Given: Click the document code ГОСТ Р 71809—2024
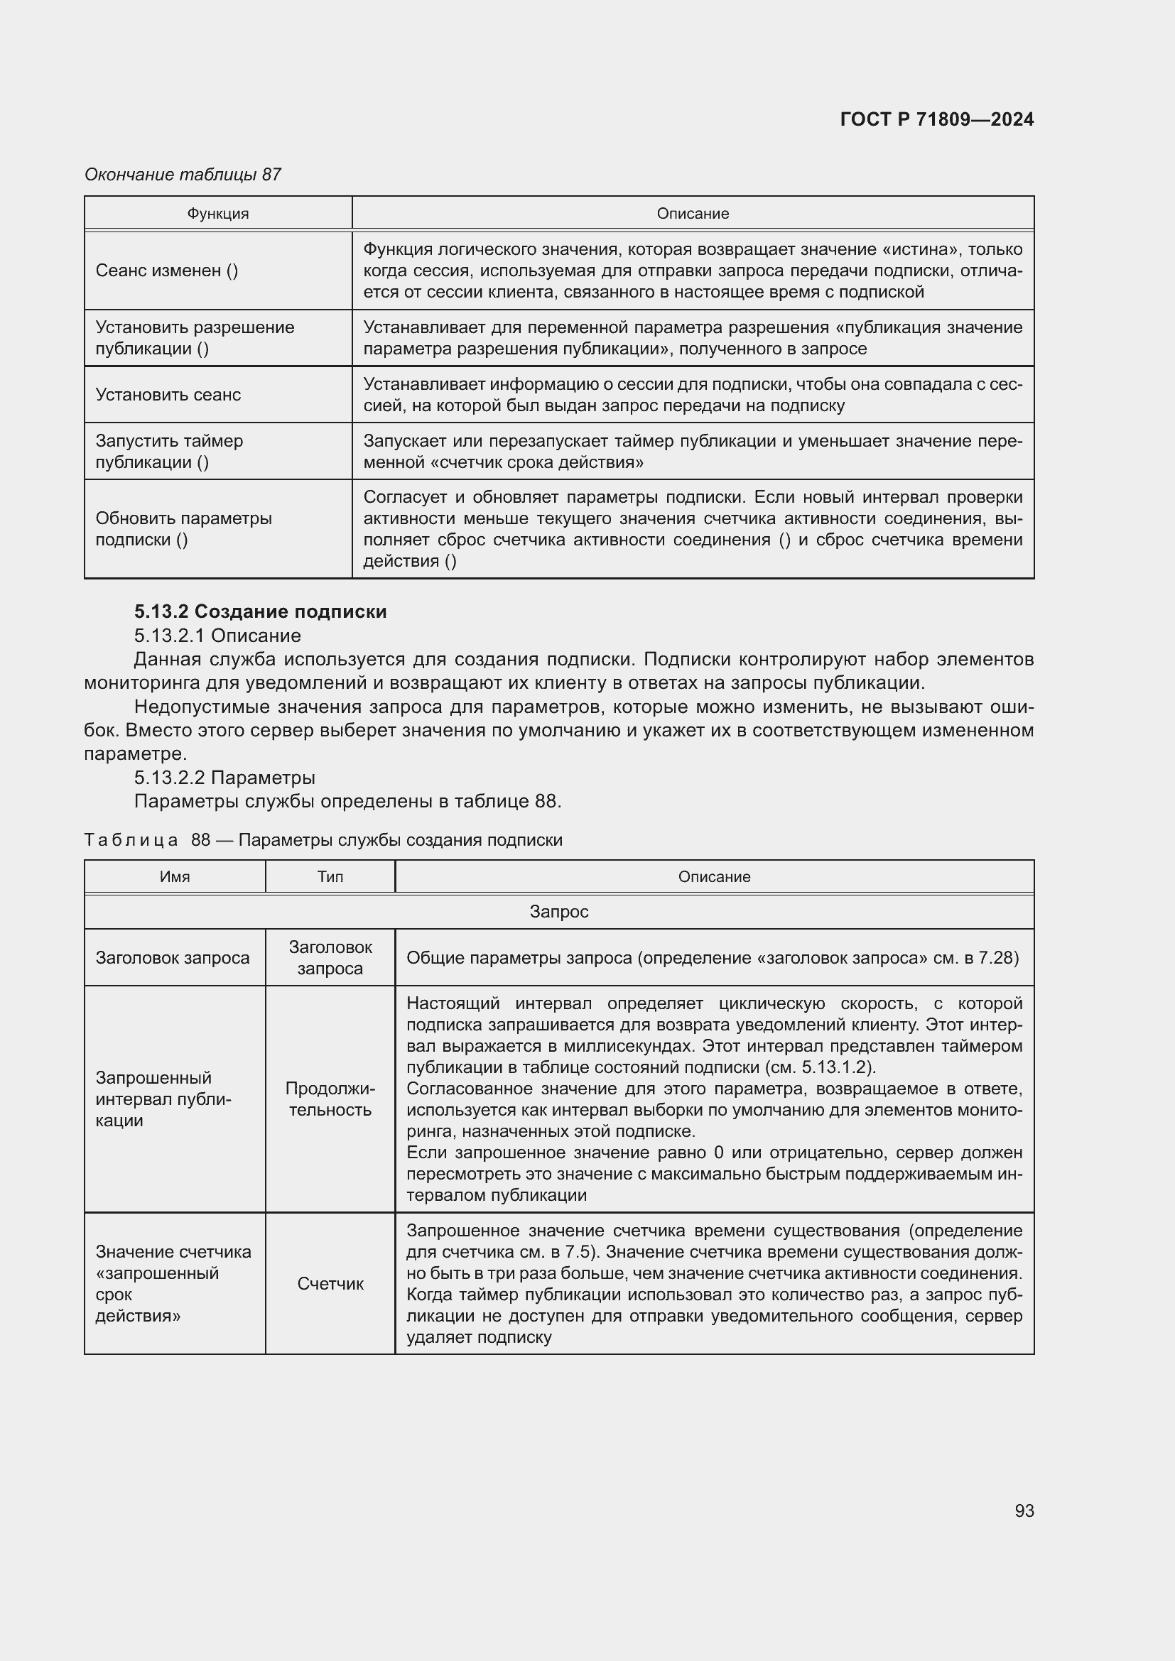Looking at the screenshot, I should point(936,119).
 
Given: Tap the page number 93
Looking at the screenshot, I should point(1024,1510).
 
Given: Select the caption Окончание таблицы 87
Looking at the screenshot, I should point(183,175).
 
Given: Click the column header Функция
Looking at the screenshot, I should point(218,214).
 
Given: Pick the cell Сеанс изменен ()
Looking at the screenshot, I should point(166,271).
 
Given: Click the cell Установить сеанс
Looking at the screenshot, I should point(168,395).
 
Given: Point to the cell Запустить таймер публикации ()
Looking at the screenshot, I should point(168,452).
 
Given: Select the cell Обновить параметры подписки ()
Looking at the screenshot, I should point(183,529).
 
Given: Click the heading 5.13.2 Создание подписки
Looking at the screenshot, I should point(261,611).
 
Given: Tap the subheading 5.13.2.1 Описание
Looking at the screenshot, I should point(217,635).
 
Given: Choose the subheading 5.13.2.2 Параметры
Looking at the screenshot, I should point(224,778).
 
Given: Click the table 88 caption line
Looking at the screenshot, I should point(323,840).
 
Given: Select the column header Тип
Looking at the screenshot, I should point(330,877).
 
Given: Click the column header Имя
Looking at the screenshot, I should point(174,877).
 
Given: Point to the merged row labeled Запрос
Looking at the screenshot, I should point(558,912).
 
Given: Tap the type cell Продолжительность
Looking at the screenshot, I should point(330,1099).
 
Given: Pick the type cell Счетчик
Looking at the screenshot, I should point(330,1283).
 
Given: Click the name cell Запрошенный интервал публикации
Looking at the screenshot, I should point(163,1099).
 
